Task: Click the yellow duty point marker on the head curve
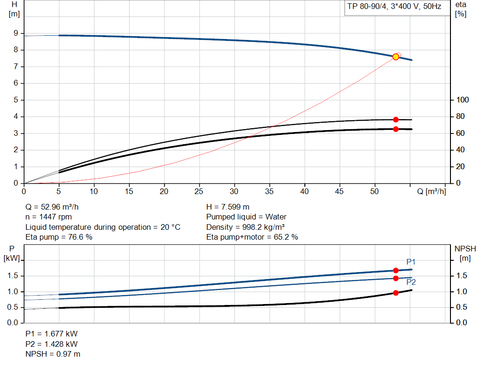[396, 57]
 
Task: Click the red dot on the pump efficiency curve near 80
[396, 120]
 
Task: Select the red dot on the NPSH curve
[396, 293]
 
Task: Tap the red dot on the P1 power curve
[396, 271]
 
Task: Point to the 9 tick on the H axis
[16, 33]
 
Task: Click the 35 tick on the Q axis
[270, 191]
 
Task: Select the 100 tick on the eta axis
[463, 100]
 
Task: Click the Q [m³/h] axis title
[431, 191]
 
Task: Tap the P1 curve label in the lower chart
[411, 262]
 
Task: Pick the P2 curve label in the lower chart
[411, 282]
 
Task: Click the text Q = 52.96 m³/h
[55, 207]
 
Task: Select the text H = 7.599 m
[228, 207]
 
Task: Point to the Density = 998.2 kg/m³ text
[247, 227]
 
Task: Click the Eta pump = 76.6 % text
[59, 237]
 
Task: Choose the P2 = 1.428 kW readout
[51, 344]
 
